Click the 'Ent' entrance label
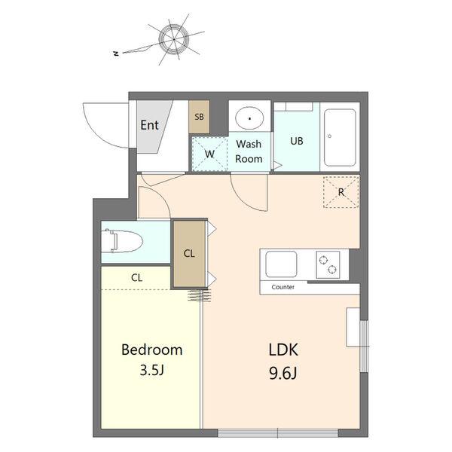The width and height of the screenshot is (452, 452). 149,125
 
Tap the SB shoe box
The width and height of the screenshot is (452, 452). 199,117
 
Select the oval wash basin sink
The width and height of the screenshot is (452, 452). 249,118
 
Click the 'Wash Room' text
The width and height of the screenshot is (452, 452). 249,151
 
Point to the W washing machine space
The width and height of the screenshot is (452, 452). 209,154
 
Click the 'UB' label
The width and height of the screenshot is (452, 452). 297,141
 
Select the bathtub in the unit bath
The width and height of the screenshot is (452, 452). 340,138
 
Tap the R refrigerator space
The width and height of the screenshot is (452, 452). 341,192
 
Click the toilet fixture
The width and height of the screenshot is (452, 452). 123,241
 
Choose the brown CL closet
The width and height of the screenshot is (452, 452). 189,254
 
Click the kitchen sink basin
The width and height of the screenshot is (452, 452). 281,264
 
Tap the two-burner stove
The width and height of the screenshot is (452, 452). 328,264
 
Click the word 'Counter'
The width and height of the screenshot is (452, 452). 282,287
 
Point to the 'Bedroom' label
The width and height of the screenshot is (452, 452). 152,350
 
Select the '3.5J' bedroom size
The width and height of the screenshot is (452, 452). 152,370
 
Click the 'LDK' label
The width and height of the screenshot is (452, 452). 283,350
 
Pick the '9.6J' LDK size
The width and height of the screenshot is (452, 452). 283,374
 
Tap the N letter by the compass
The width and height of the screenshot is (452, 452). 116,53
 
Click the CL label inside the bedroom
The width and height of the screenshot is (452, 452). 136,277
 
